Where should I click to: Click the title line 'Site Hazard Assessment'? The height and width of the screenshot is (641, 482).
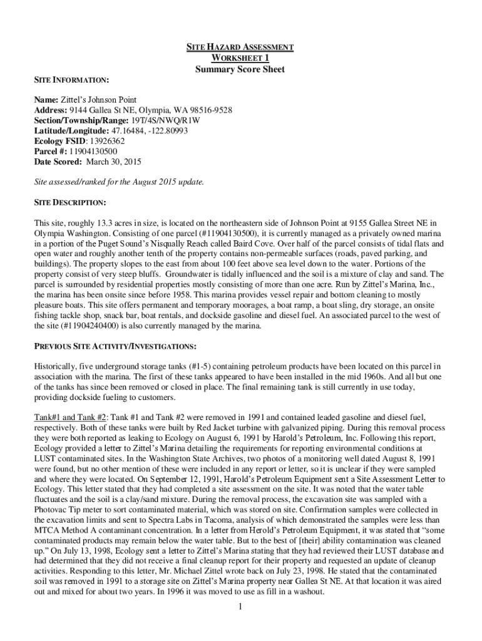[x=240, y=47]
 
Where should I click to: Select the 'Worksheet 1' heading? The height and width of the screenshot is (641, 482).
[x=240, y=58]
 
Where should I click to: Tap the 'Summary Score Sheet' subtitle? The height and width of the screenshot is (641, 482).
[x=240, y=69]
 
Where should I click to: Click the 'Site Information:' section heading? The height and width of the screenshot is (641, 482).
[x=72, y=81]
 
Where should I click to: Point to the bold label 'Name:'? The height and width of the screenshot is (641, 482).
[x=46, y=100]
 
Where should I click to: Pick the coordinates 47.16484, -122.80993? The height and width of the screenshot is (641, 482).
[x=150, y=131]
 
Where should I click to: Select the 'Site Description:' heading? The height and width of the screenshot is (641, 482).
[x=70, y=202]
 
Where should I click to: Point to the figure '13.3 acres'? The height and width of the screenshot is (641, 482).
[x=110, y=223]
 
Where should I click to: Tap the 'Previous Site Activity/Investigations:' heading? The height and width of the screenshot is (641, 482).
[x=116, y=346]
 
